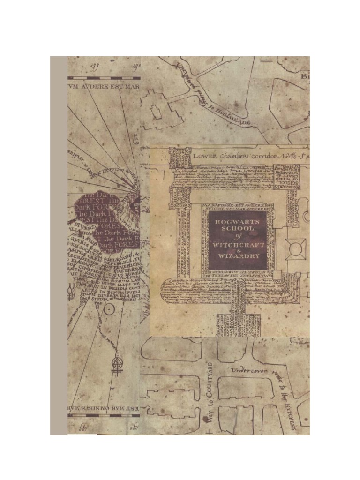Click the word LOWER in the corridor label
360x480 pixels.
207,155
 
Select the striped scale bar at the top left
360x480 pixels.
104,78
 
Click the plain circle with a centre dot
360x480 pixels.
109,309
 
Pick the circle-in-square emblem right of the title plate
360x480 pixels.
296,249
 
